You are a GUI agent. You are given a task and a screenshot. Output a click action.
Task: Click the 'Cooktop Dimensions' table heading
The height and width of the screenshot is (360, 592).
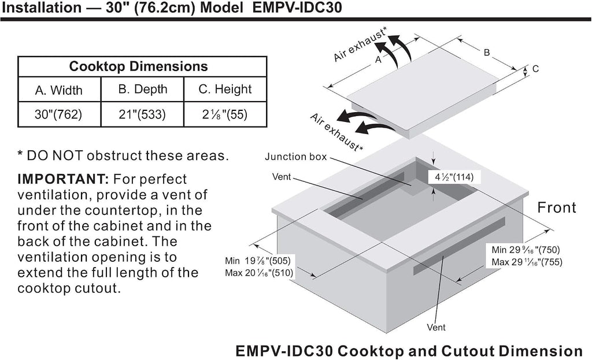pyautogui.click(x=138, y=66)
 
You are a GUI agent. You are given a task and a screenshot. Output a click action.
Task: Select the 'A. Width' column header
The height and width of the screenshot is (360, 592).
pyautogui.click(x=59, y=90)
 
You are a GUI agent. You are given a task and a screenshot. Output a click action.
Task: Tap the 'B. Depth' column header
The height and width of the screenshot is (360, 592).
pyautogui.click(x=142, y=89)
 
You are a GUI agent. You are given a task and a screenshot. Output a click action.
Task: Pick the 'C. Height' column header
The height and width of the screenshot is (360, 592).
pyautogui.click(x=225, y=89)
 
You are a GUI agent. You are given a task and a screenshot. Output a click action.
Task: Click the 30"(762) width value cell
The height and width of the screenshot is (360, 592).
pyautogui.click(x=58, y=114)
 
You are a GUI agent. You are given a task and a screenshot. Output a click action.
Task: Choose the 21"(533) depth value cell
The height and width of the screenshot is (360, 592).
pyautogui.click(x=142, y=114)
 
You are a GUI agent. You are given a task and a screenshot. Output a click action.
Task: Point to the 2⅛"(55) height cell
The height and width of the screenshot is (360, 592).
pyautogui.click(x=225, y=114)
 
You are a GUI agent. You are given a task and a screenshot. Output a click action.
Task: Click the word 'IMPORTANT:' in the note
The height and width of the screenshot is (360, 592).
pyautogui.click(x=62, y=179)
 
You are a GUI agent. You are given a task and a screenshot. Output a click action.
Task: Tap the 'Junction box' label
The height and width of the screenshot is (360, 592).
pyautogui.click(x=295, y=157)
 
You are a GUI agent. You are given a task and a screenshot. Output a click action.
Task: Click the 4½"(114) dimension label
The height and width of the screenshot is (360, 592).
pyautogui.click(x=451, y=177)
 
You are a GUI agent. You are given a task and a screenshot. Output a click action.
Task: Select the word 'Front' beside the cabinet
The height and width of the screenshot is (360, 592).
pyautogui.click(x=557, y=207)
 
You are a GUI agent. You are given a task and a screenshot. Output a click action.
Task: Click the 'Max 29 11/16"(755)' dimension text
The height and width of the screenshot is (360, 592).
pyautogui.click(x=527, y=262)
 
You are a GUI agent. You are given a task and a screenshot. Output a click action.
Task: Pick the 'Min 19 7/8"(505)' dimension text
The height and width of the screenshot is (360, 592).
pyautogui.click(x=258, y=261)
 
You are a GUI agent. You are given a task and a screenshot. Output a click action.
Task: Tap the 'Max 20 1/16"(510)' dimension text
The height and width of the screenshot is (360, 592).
pyautogui.click(x=259, y=273)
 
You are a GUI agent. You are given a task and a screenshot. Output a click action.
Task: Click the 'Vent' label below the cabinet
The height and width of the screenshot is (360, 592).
pyautogui.click(x=436, y=328)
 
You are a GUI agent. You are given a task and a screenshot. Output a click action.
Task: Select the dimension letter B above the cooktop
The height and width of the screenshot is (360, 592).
pyautogui.click(x=487, y=53)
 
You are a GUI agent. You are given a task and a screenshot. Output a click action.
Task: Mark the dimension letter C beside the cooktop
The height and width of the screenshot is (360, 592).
pyautogui.click(x=535, y=69)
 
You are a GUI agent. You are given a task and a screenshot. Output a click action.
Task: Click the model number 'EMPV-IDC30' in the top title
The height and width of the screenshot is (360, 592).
pyautogui.click(x=297, y=8)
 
